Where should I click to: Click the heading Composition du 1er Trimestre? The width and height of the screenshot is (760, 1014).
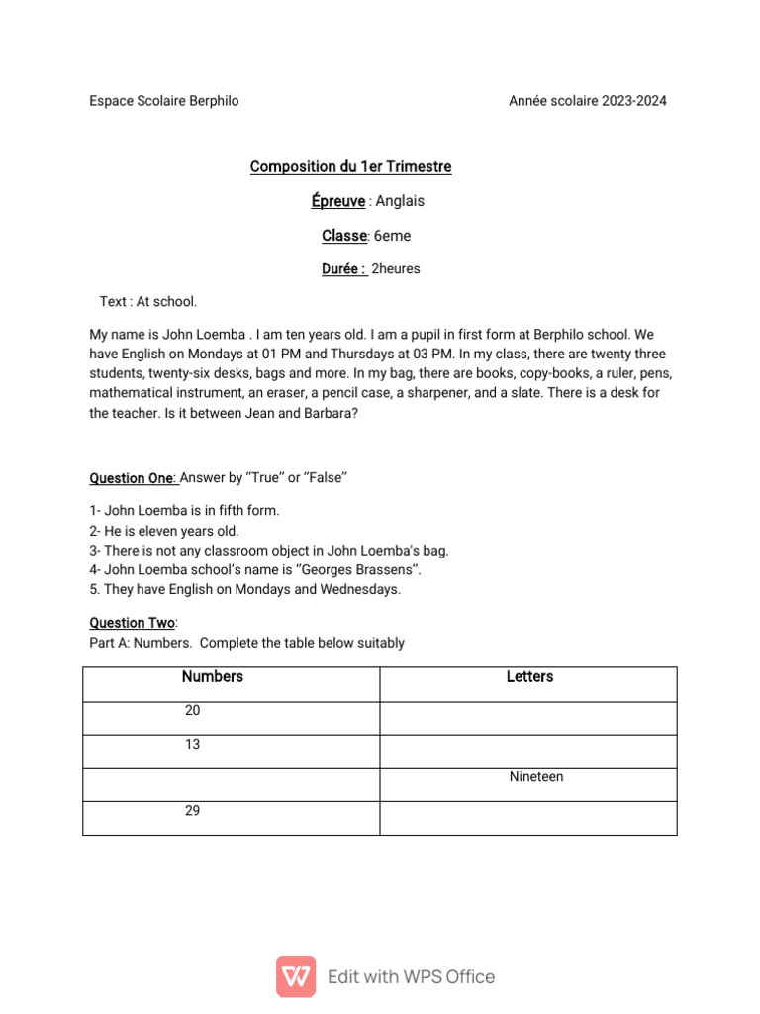click(x=350, y=166)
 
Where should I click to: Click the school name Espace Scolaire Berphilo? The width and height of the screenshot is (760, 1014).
click(x=164, y=101)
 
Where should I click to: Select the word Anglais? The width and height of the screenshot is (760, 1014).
click(x=400, y=201)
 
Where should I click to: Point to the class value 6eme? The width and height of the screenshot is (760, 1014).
click(x=392, y=236)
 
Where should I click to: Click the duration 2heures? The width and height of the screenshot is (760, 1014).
click(x=395, y=269)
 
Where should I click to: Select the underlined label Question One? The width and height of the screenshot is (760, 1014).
click(x=133, y=478)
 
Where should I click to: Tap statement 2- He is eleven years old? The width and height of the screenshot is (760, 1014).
click(x=164, y=531)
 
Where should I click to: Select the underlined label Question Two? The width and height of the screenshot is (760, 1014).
click(x=133, y=623)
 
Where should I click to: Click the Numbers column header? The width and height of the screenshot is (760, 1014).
click(x=213, y=677)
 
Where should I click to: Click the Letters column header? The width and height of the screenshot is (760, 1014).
click(x=529, y=677)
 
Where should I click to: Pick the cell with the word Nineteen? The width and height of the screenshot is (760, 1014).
click(x=536, y=777)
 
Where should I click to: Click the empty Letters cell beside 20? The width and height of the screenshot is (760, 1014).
click(x=528, y=717)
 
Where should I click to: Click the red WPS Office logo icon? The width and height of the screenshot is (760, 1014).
click(x=296, y=976)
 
